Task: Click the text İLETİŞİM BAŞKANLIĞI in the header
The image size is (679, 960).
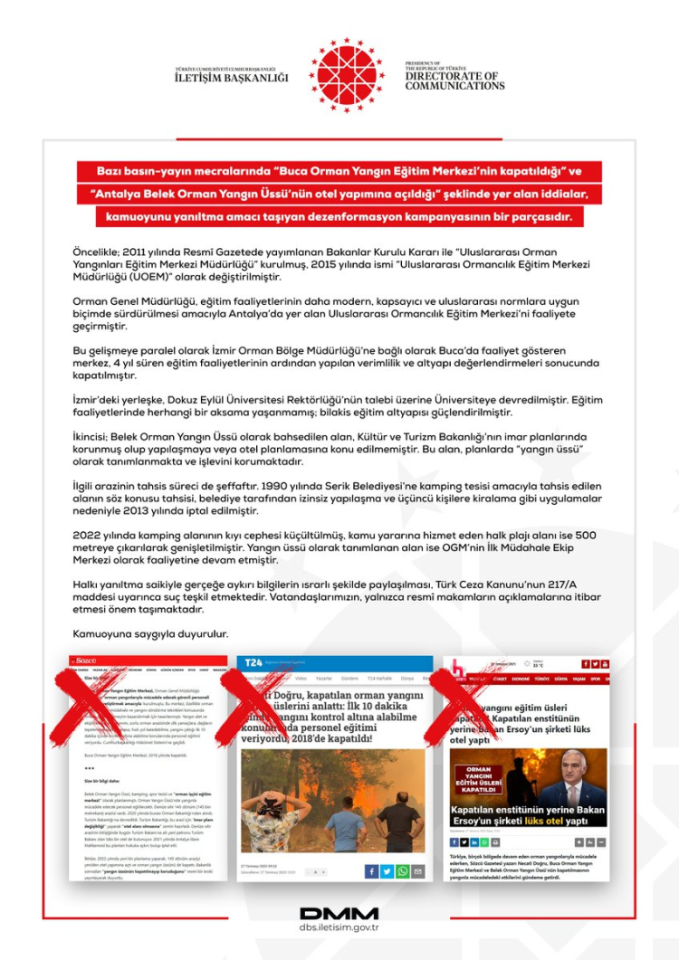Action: (231, 78)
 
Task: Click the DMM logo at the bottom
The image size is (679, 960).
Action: (339, 913)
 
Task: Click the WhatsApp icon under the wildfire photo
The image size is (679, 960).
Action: (403, 871)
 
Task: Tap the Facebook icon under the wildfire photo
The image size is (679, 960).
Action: (371, 871)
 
